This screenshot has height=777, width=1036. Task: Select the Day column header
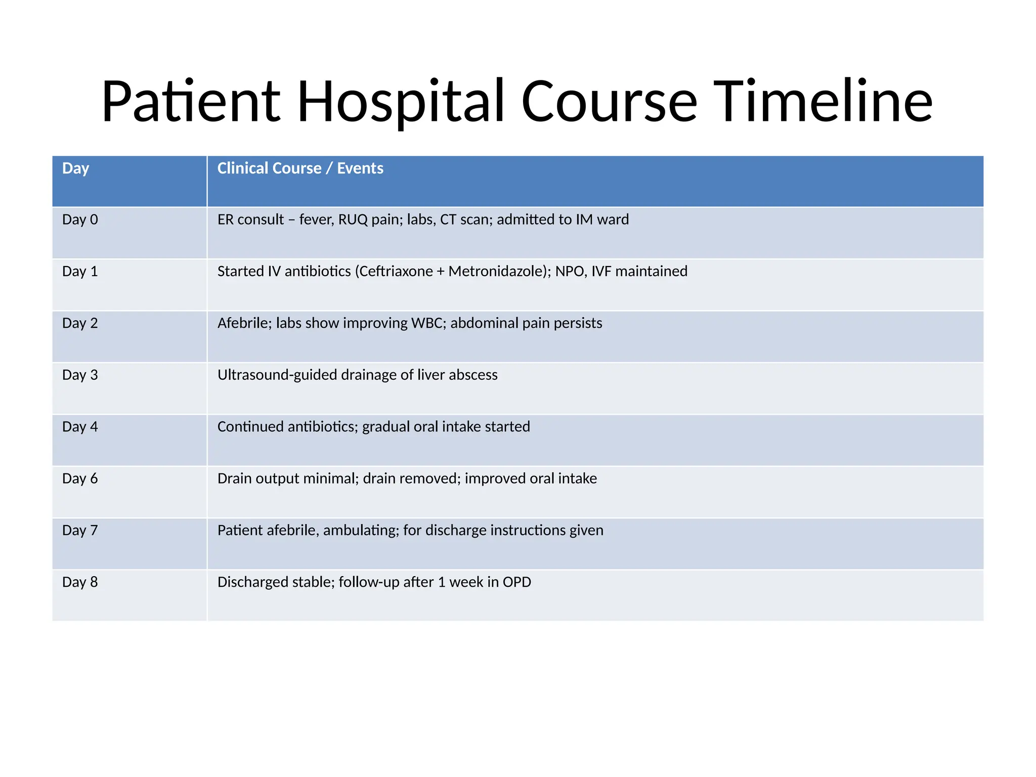tap(75, 168)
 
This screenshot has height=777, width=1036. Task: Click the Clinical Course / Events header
tap(300, 168)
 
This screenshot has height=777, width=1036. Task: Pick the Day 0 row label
tap(80, 220)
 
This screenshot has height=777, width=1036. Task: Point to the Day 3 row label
tap(80, 375)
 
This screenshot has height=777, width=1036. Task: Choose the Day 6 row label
tap(80, 479)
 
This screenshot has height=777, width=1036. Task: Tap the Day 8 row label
tap(80, 582)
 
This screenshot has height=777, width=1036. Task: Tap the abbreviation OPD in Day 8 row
tap(516, 582)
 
